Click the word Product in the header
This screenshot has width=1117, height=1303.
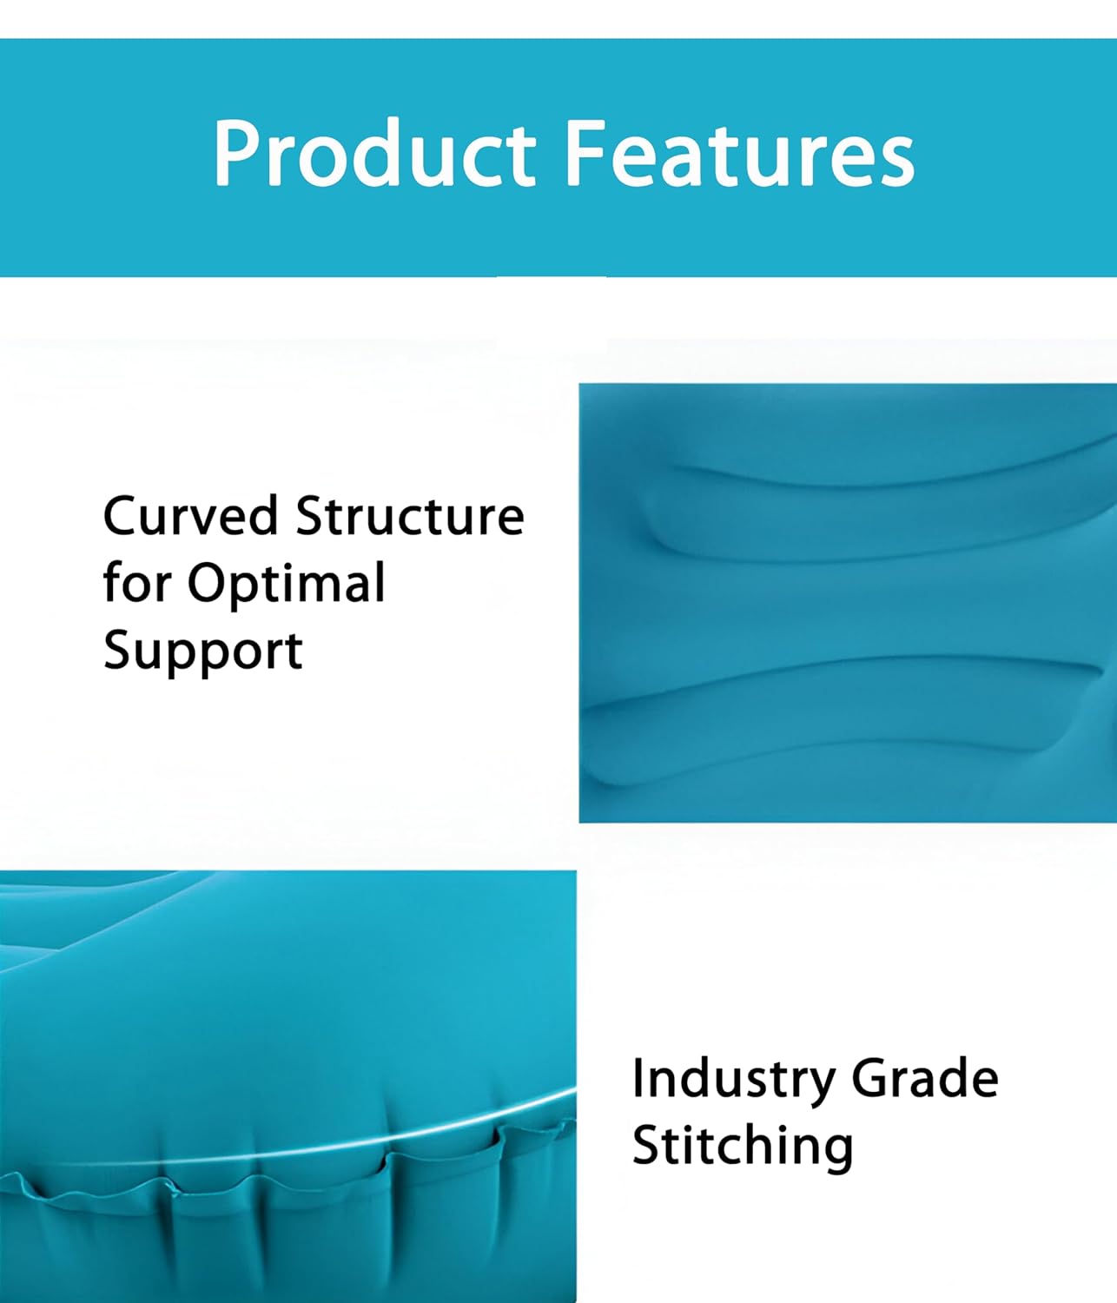point(375,153)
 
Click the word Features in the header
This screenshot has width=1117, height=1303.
point(740,153)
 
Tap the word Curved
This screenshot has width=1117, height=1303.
point(190,515)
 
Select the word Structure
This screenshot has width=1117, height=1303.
point(410,515)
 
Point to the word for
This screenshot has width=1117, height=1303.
point(137,582)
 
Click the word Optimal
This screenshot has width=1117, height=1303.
point(287,586)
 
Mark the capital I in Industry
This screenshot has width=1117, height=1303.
point(638,1079)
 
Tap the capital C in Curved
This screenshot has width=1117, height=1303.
point(122,516)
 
